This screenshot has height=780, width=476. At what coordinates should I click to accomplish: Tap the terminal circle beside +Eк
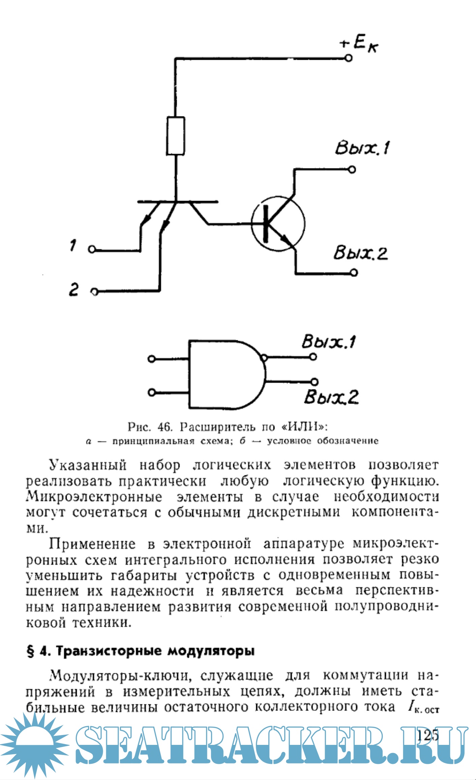click(349, 58)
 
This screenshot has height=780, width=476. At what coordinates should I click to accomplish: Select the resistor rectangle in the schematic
click(175, 136)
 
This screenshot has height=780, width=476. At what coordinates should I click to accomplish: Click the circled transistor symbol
click(278, 224)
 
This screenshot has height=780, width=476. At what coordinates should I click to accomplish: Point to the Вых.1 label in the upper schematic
click(362, 148)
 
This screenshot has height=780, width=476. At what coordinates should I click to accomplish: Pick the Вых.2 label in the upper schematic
click(360, 253)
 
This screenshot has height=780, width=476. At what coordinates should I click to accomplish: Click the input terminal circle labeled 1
click(92, 250)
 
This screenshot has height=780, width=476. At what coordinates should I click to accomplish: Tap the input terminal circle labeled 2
click(95, 291)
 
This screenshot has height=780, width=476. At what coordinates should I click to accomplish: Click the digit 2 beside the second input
click(73, 290)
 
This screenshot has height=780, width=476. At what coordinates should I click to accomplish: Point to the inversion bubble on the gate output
click(265, 358)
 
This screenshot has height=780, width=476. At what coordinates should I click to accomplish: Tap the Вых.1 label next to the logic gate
click(328, 342)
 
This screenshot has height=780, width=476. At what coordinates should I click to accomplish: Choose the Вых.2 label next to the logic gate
click(331, 397)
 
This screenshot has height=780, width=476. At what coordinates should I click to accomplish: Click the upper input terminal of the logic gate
click(152, 359)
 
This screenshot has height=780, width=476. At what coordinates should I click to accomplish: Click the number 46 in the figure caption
click(165, 427)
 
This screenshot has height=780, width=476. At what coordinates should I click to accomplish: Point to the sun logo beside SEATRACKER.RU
click(34, 745)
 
